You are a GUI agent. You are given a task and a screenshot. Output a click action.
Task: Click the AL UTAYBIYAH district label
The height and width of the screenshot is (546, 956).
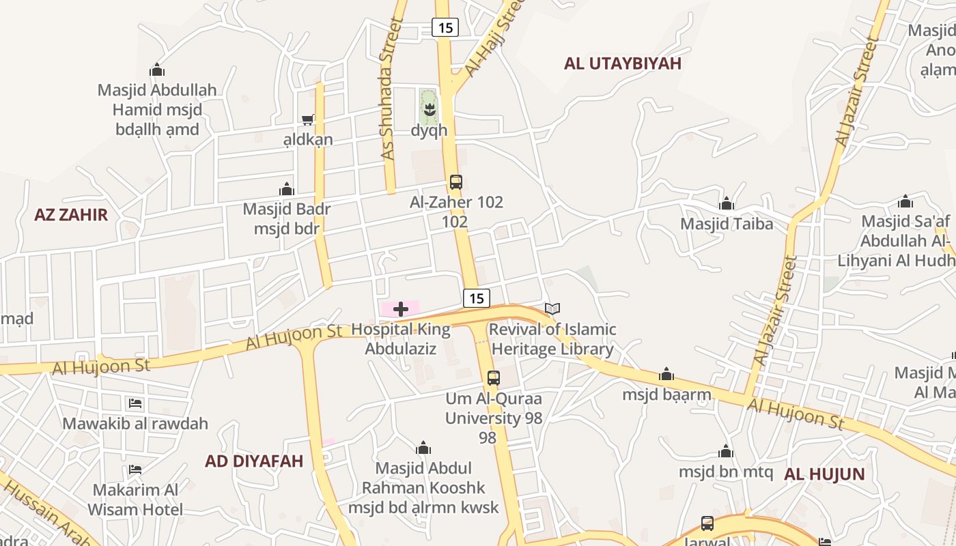tap(623, 63)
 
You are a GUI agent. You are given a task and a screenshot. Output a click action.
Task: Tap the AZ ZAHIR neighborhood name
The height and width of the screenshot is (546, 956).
tap(71, 215)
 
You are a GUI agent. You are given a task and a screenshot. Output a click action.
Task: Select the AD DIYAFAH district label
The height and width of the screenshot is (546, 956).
tap(254, 461)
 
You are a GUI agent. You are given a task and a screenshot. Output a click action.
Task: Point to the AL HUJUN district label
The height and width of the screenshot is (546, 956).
tap(824, 474)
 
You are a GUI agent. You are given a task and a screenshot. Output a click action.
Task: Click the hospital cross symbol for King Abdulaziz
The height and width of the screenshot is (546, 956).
tap(401, 309)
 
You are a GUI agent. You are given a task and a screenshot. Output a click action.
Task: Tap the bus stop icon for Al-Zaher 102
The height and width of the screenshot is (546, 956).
tap(456, 182)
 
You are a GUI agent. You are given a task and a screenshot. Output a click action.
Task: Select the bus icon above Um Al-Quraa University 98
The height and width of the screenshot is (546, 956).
tap(494, 377)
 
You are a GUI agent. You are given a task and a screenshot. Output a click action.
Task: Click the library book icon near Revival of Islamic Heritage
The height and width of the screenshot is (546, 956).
tap(552, 309)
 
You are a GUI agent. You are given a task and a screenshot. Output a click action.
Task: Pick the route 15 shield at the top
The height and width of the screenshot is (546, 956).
tap(445, 27)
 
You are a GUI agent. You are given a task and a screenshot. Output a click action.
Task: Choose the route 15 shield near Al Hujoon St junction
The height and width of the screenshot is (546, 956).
tap(477, 298)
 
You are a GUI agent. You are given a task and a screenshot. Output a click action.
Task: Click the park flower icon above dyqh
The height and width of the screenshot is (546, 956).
tap(429, 109)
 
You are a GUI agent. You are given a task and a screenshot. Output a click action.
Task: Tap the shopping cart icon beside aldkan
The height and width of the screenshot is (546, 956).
tap(308, 119)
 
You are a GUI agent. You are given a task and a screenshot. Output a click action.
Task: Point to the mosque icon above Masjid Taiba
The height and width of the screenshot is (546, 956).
tap(727, 203)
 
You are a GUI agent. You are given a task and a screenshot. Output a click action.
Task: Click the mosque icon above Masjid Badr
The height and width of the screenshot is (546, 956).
tap(287, 188)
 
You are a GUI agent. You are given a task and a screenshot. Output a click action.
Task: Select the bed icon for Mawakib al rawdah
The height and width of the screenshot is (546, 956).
tap(135, 403)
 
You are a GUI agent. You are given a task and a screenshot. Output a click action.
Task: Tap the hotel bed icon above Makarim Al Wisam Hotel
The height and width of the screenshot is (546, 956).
tap(135, 470)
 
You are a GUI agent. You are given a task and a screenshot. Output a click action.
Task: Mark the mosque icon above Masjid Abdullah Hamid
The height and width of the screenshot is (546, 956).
tap(157, 70)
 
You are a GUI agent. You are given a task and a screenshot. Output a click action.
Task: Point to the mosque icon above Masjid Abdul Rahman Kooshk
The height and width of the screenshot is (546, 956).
tap(423, 448)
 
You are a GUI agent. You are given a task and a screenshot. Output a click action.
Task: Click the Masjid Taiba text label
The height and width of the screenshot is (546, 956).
tap(727, 224)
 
